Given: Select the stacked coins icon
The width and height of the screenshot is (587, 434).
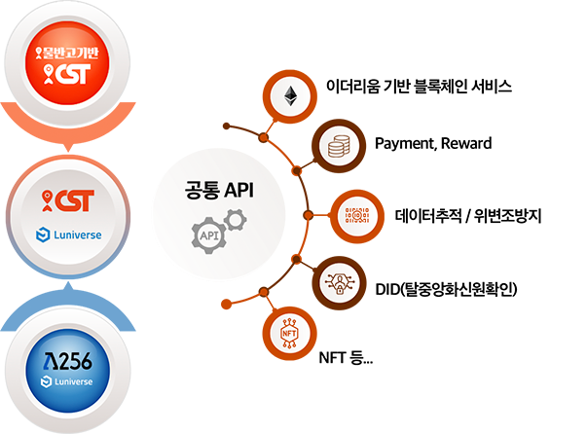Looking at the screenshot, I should tap(338, 147).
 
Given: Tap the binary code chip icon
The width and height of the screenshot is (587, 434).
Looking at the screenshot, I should tap(357, 215).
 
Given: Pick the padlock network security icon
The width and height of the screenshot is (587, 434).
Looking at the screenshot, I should tap(338, 282).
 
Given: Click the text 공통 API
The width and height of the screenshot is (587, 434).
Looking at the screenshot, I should tap(219, 191).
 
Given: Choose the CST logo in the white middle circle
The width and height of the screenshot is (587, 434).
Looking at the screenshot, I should tap(67, 201).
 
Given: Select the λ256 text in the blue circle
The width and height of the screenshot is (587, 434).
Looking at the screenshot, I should tap(67, 360).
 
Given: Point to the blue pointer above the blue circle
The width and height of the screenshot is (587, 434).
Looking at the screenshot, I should tap(67, 288).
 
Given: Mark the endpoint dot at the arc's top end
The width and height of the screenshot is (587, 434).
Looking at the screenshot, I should tap(226, 126).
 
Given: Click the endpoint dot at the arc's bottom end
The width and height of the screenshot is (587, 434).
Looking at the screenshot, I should tap(226, 304).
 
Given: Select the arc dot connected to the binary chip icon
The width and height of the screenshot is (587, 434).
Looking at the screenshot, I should tap(308, 215).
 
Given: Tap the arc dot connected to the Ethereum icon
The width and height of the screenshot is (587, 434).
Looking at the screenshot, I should tap(262, 139).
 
